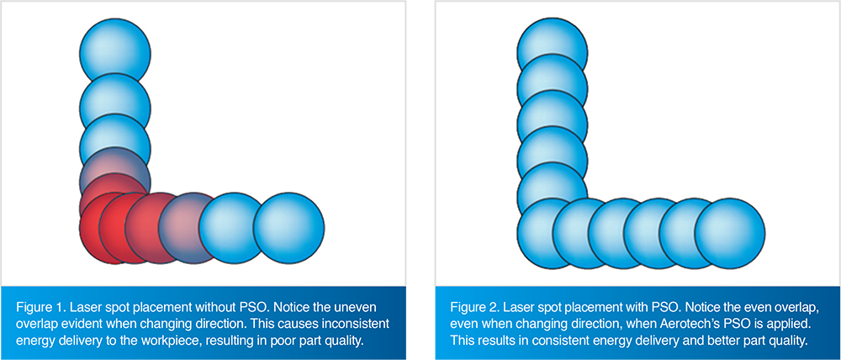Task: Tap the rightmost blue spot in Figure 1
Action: pyautogui.click(x=288, y=227)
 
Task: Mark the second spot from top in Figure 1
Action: pyautogui.click(x=116, y=105)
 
